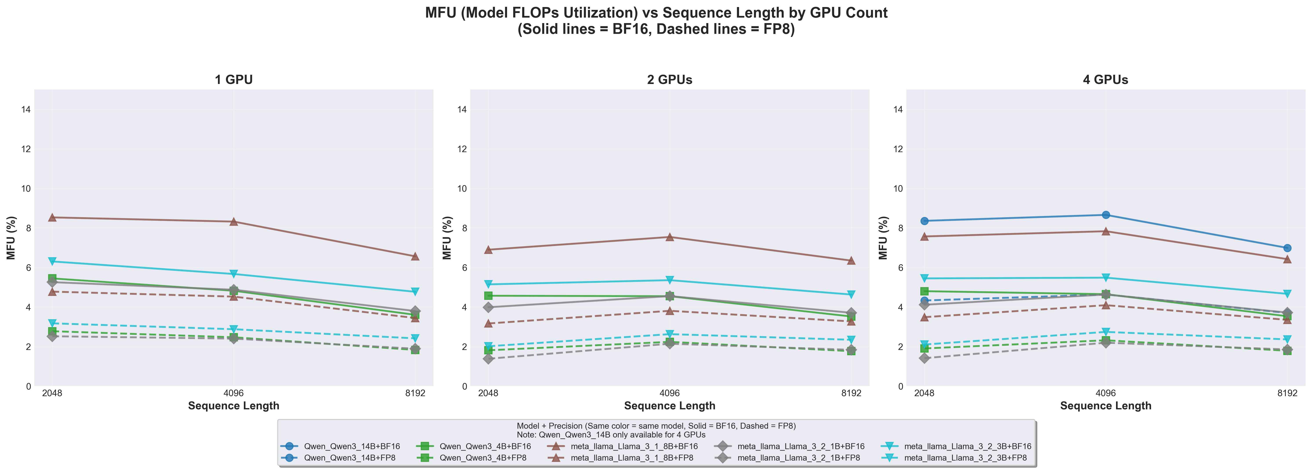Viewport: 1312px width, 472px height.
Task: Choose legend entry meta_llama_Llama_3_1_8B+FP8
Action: click(632, 458)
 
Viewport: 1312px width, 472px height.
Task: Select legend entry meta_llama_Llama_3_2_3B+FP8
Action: click(965, 458)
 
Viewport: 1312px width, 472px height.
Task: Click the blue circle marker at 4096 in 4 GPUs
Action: click(1106, 215)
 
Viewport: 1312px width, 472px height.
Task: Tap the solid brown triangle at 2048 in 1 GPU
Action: click(52, 218)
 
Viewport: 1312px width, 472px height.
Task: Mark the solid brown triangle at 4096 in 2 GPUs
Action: click(670, 237)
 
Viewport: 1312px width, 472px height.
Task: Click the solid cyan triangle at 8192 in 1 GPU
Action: click(415, 292)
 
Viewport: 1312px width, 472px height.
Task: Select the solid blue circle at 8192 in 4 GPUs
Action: click(1287, 248)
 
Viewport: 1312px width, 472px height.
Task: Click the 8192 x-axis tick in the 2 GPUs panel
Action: click(851, 394)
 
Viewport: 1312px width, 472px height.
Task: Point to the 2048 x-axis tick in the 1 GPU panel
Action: click(52, 394)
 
